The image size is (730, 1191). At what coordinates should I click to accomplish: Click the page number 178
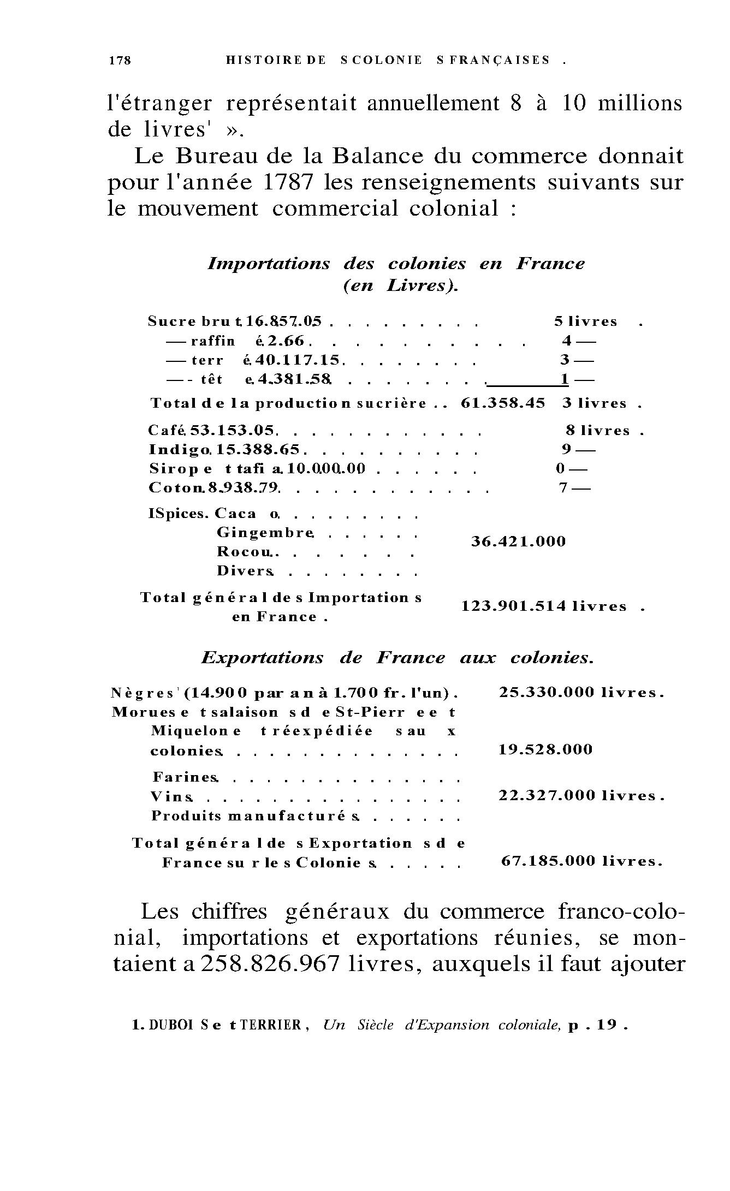click(x=120, y=61)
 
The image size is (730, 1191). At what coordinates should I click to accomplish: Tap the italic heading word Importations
click(x=269, y=264)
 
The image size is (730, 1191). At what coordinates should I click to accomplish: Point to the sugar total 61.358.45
click(x=503, y=403)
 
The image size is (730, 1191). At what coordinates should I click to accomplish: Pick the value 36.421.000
click(x=518, y=542)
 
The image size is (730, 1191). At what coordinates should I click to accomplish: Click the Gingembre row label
click(x=265, y=532)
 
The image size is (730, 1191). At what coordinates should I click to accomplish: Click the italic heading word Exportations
click(x=263, y=658)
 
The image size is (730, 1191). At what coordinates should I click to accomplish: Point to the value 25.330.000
click(x=547, y=693)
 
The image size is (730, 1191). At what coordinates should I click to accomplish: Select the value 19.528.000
click(x=545, y=749)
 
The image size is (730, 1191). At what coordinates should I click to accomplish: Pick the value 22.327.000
click(x=547, y=796)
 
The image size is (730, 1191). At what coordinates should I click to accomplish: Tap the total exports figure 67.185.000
click(x=548, y=861)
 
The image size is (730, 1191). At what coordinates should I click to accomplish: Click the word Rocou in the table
click(x=244, y=551)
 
